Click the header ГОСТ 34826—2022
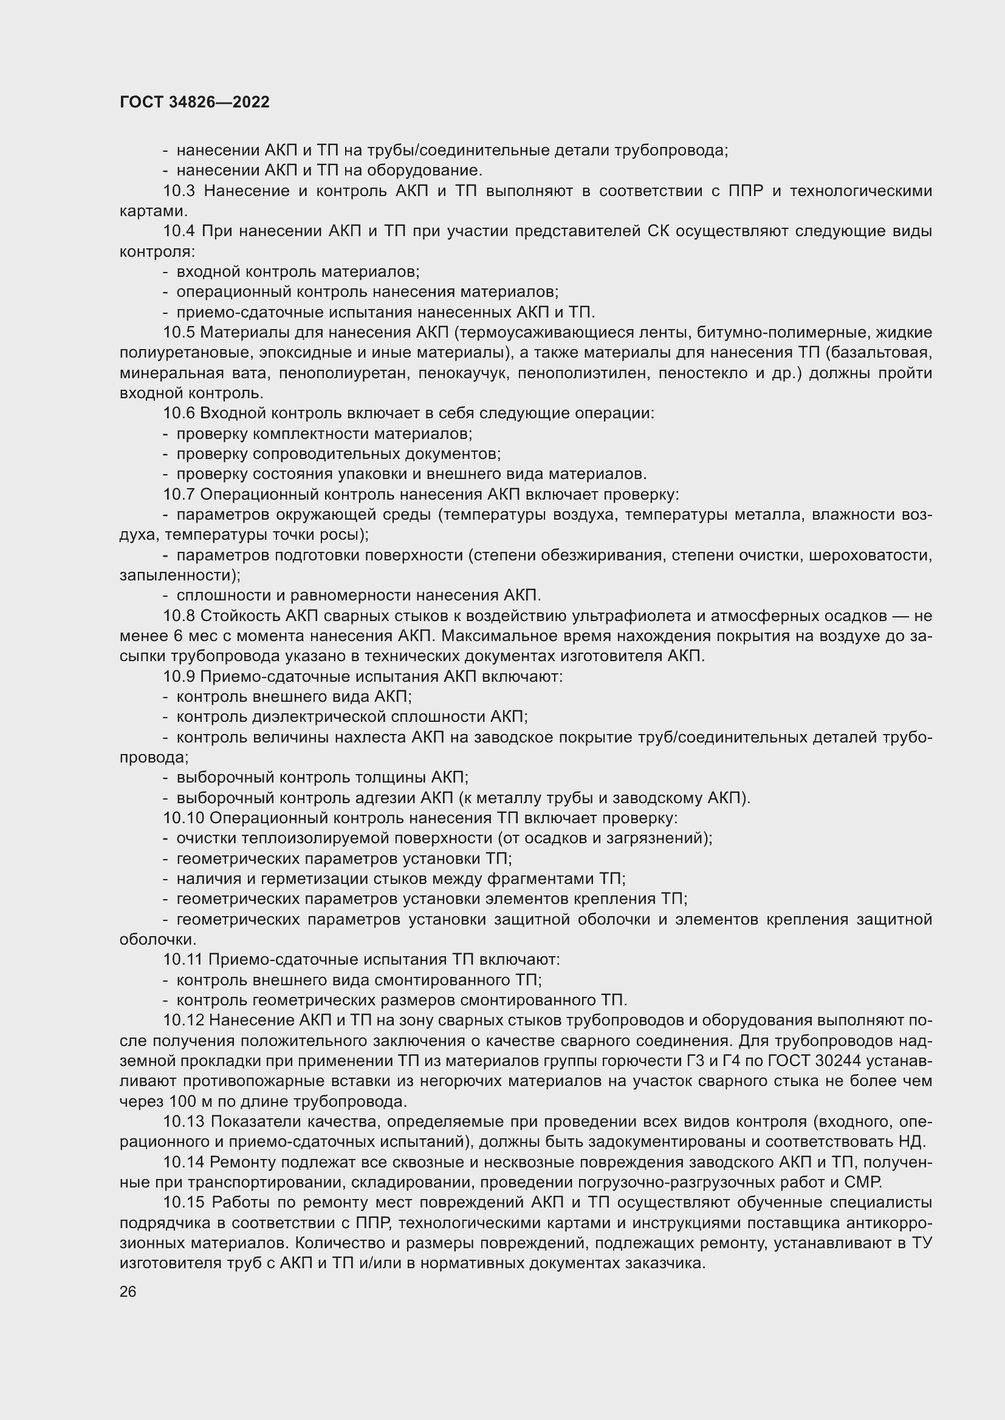pos(194,102)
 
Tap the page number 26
pos(128,1291)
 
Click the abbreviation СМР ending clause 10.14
pos(863,1182)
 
